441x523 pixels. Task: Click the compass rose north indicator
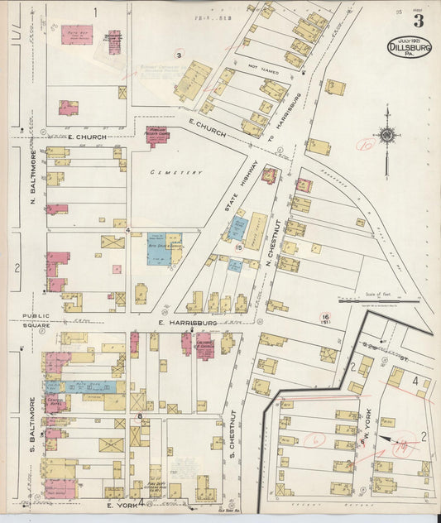[x=386, y=134]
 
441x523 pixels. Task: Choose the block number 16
[x=327, y=316]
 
